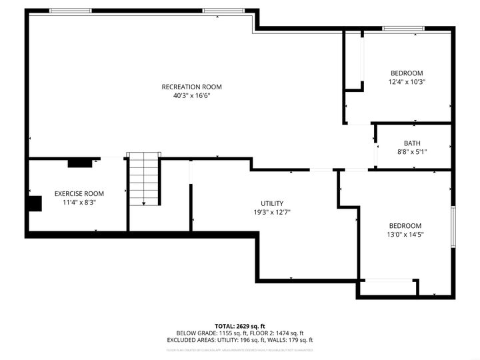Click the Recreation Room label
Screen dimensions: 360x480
coord(192,87)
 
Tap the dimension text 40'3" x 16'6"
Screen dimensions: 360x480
coord(192,95)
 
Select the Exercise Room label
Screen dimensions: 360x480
coord(79,193)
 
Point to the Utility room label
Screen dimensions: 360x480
coord(272,203)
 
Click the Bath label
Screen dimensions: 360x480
coord(412,143)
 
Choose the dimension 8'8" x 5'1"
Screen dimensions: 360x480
coord(412,152)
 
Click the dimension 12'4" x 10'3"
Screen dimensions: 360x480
coord(407,82)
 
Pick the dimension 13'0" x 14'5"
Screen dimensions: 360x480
coord(405,234)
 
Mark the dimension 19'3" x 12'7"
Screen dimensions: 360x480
coord(272,213)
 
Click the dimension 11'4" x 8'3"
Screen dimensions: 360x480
coord(79,202)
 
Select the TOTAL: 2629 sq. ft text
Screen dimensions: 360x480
coord(240,325)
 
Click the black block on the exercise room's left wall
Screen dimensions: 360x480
coord(34,203)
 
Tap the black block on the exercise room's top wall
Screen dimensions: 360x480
coord(80,162)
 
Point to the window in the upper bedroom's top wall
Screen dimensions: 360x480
coord(402,28)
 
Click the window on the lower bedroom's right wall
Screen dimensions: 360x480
coord(453,227)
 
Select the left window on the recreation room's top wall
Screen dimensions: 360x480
coord(71,11)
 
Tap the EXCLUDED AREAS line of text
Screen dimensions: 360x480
coord(240,340)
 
